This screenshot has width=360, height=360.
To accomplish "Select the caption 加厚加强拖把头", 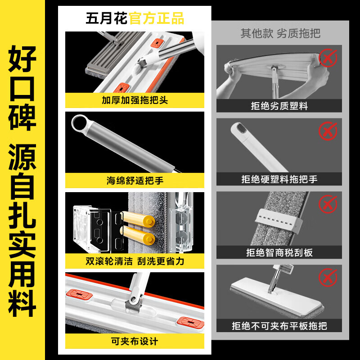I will (135, 100).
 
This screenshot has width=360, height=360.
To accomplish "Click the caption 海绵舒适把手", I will (135, 180).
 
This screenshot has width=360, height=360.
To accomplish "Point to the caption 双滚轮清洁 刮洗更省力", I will (135, 261).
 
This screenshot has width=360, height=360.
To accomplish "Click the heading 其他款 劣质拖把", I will (280, 34).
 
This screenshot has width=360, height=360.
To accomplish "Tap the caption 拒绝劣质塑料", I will (279, 106).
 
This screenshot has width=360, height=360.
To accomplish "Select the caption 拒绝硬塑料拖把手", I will (279, 179).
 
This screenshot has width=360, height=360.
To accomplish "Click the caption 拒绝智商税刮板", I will (279, 252).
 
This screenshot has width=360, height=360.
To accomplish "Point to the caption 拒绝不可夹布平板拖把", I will (279, 325).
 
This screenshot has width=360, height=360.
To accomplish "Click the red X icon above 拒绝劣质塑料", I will (328, 58).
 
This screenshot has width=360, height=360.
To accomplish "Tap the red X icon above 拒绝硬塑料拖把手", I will (328, 131).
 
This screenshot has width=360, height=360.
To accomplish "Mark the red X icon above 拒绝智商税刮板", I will (328, 204).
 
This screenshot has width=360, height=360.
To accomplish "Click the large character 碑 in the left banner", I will (22, 115).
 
